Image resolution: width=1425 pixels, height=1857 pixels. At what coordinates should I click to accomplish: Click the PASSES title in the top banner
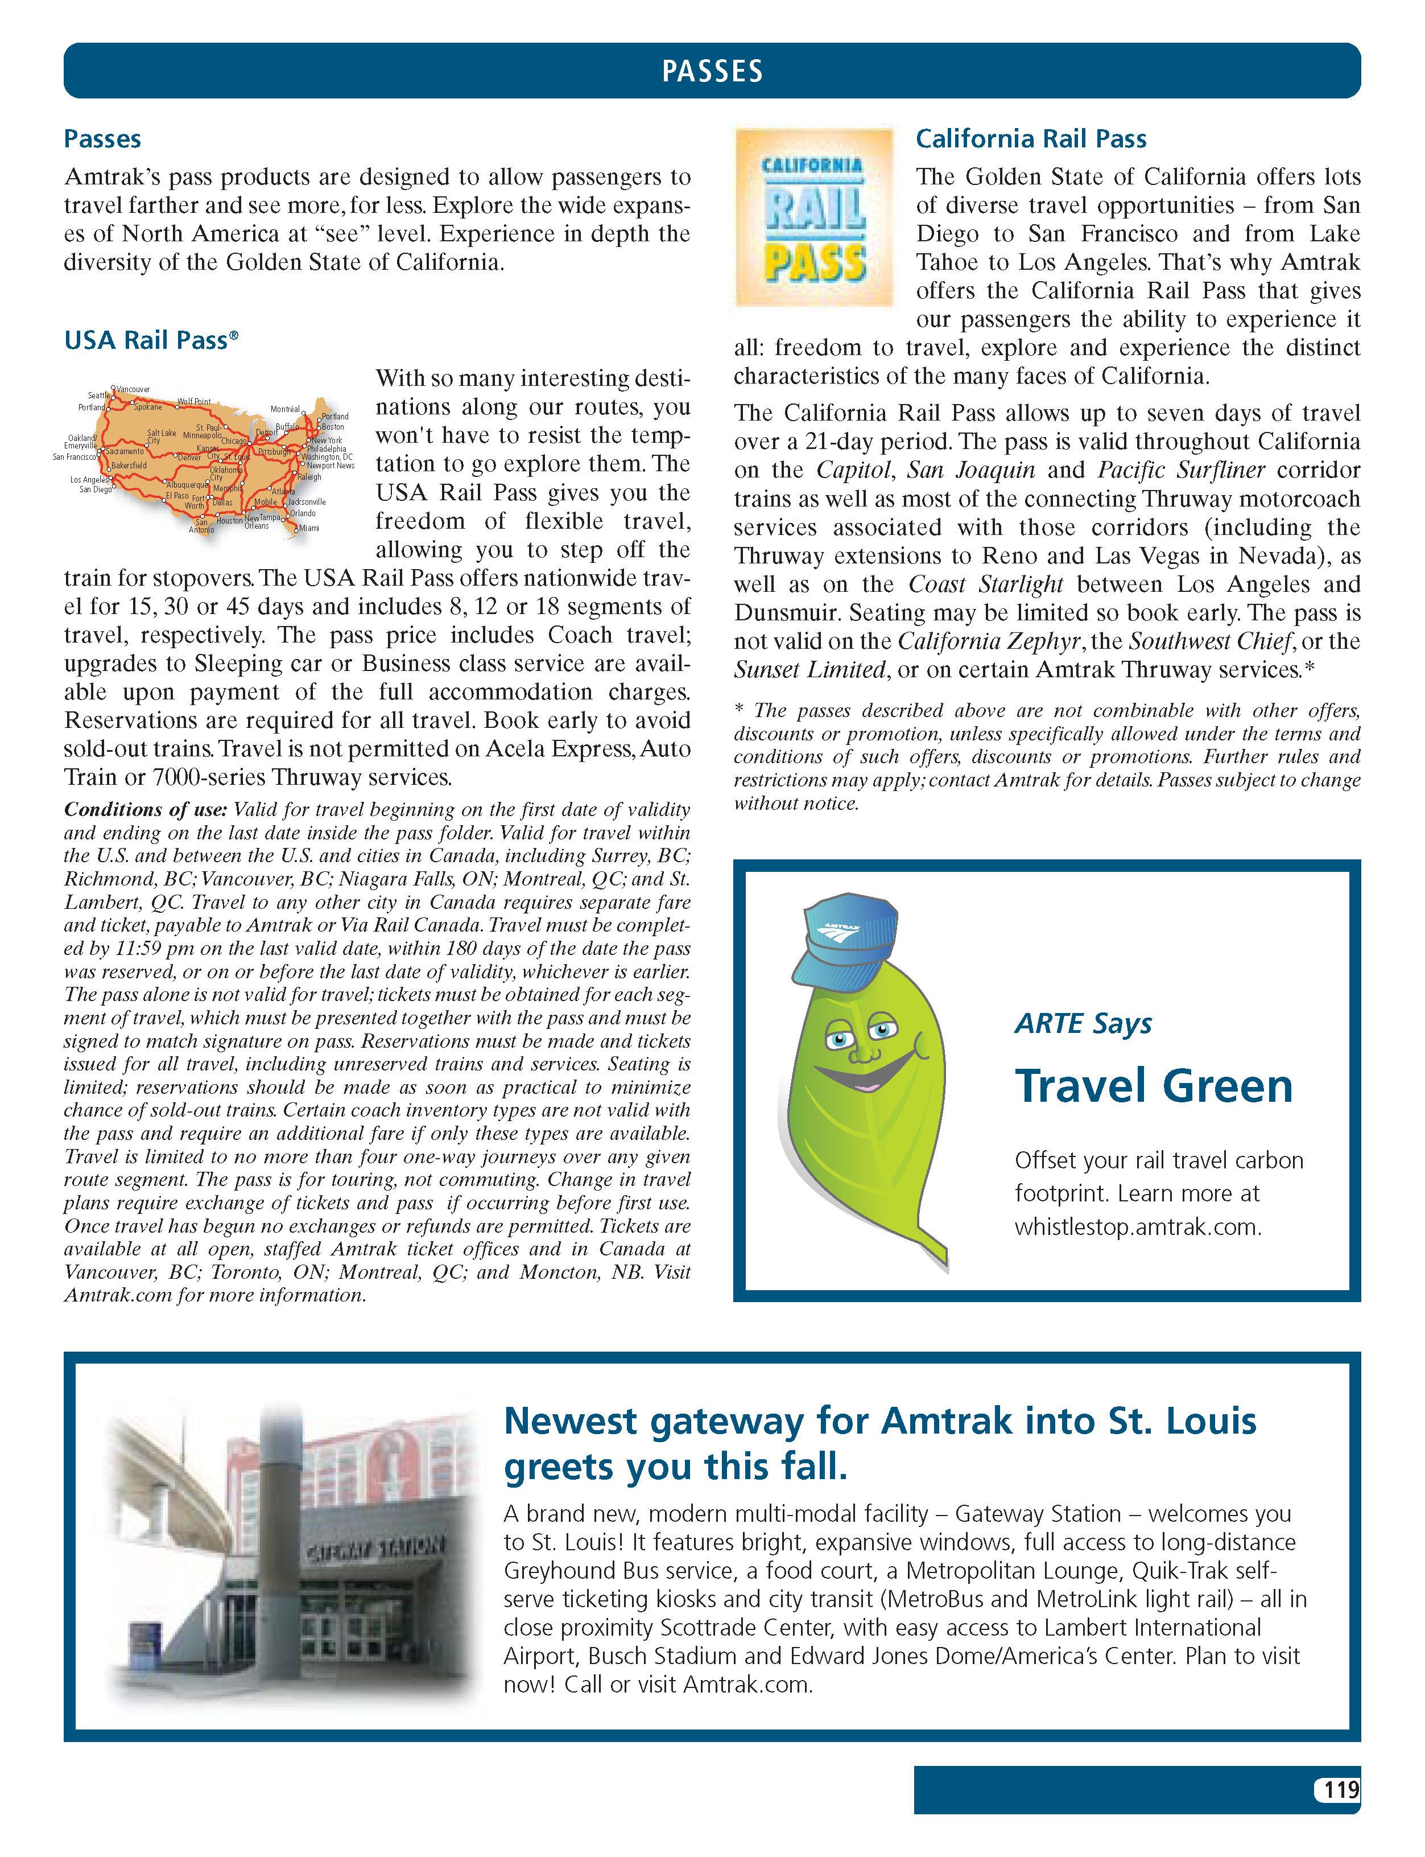point(712,71)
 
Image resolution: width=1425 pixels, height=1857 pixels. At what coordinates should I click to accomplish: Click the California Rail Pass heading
point(1031,139)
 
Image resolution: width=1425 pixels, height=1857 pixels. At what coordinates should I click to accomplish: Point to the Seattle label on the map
point(98,396)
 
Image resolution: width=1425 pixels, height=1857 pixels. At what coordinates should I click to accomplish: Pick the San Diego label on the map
point(95,489)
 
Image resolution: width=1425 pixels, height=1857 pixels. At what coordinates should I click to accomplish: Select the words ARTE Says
point(1083,1024)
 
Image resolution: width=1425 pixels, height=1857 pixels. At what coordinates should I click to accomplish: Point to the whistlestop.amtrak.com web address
point(1138,1226)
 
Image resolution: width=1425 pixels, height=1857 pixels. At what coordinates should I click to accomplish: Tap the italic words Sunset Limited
point(809,670)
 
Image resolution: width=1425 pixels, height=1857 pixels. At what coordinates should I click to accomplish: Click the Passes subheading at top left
point(102,139)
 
